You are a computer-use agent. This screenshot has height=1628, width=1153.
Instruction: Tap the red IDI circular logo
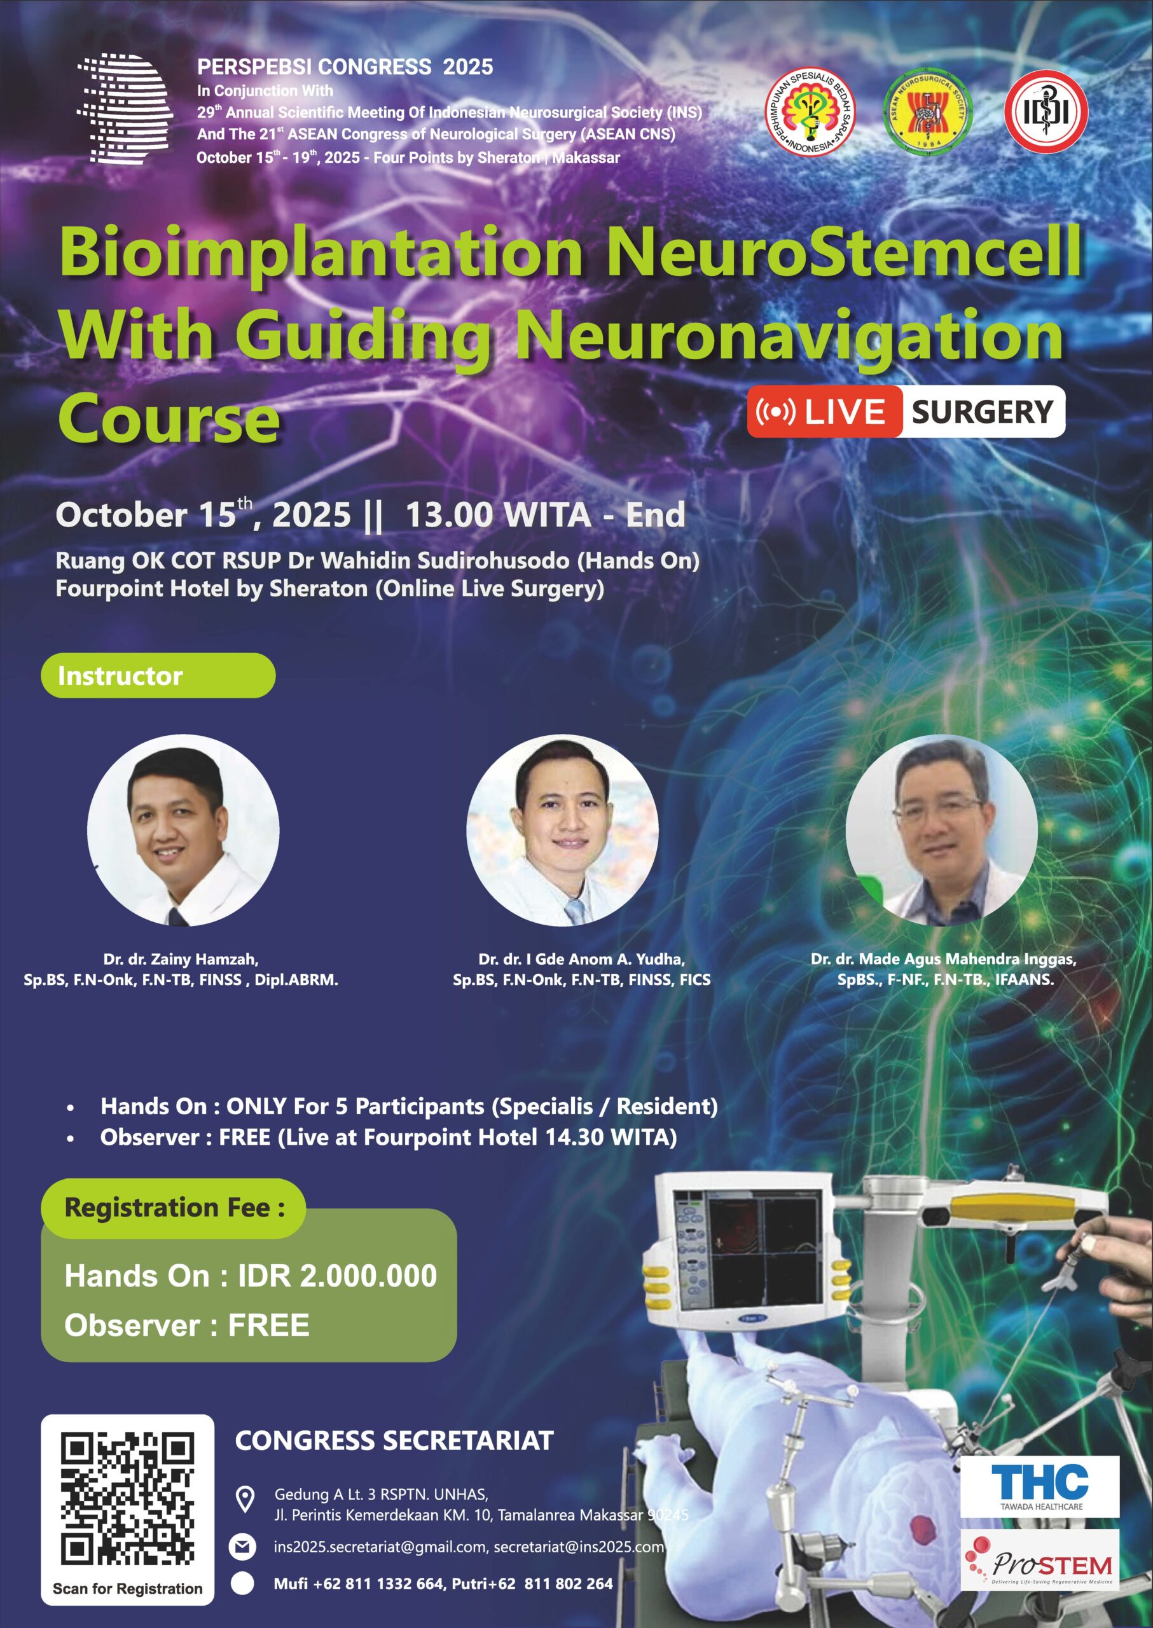(x=1046, y=111)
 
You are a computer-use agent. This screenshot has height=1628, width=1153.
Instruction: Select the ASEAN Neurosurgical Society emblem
(x=928, y=112)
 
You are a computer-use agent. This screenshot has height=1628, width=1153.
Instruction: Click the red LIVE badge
(x=824, y=412)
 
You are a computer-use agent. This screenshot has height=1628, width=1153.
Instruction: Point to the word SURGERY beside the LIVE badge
(x=983, y=412)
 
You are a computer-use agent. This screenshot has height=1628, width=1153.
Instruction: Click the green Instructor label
(x=158, y=675)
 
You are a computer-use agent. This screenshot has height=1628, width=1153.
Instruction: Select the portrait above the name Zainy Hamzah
(x=183, y=830)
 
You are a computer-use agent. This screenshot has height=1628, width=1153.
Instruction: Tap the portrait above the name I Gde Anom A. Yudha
(x=562, y=830)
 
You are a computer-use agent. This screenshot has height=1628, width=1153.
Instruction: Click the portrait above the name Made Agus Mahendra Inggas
(x=941, y=830)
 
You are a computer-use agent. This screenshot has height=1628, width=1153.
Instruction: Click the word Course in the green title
(x=170, y=418)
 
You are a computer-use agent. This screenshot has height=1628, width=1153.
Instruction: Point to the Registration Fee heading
(x=175, y=1208)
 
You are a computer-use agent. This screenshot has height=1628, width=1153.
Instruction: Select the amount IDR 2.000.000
(x=337, y=1276)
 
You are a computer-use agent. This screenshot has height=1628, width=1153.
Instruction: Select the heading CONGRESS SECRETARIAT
(x=394, y=1440)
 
